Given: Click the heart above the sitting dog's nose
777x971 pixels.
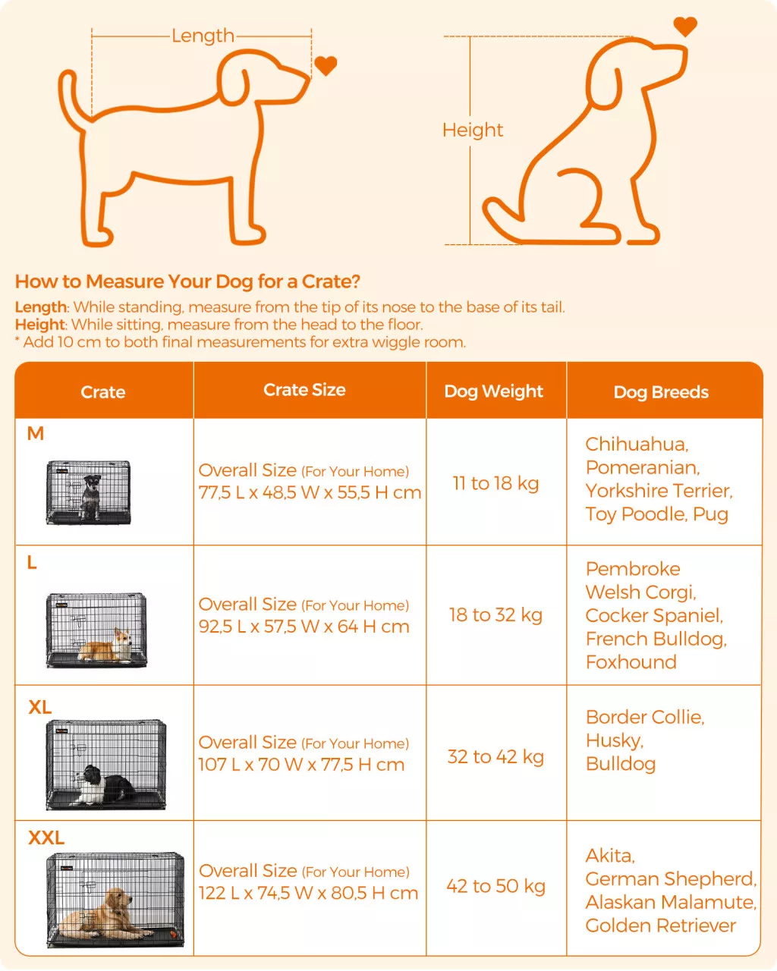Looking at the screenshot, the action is point(685,26).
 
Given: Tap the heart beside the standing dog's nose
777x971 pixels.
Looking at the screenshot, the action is point(326,66).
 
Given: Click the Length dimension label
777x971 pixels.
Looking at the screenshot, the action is point(203,36).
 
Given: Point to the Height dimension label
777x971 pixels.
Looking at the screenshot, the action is point(472,130).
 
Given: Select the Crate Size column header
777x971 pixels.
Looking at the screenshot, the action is point(304,390).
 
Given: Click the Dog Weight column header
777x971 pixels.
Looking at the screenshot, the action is point(493,391).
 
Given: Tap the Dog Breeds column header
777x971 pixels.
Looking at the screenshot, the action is point(661,392).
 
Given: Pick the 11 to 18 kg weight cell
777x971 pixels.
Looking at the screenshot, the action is point(495,483).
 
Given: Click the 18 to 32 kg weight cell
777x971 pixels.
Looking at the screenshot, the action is point(495,614).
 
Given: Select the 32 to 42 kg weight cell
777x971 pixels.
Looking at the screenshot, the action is point(495,756).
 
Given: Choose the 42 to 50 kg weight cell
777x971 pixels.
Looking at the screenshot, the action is point(495,886).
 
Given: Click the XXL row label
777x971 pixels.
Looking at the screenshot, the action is point(46,837).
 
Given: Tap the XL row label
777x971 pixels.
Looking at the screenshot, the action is point(39,707).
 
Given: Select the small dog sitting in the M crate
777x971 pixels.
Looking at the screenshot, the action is point(91,497).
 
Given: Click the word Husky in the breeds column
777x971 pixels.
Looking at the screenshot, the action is point(614,741).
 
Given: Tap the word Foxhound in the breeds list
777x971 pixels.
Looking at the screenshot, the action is point(631,662).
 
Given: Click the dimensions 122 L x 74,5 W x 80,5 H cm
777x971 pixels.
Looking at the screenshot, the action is point(308,893).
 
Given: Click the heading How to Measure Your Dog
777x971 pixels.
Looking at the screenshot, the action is point(188,281).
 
